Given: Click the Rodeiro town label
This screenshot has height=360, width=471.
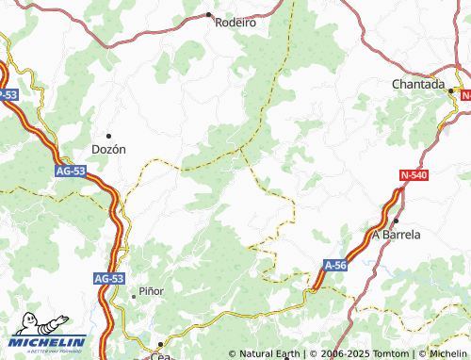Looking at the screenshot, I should click(x=235, y=23).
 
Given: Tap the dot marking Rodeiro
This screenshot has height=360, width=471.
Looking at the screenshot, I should click(x=208, y=14).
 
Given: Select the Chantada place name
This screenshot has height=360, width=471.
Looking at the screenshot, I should click(x=418, y=84).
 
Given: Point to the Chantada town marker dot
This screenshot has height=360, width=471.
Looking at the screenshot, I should click(x=451, y=90).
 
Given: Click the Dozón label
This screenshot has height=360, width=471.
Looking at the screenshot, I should click(x=108, y=149).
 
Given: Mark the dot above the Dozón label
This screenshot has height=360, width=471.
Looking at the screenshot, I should click(x=108, y=135).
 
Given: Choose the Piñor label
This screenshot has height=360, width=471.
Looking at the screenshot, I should click(x=151, y=291).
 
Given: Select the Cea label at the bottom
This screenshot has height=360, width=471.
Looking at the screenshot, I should click(x=161, y=356).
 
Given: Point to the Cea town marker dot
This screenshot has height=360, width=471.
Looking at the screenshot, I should click(x=160, y=344).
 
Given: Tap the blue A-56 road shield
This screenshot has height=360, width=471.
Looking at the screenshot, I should click(x=337, y=267).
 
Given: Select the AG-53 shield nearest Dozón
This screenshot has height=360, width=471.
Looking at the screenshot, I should click(x=70, y=171).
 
